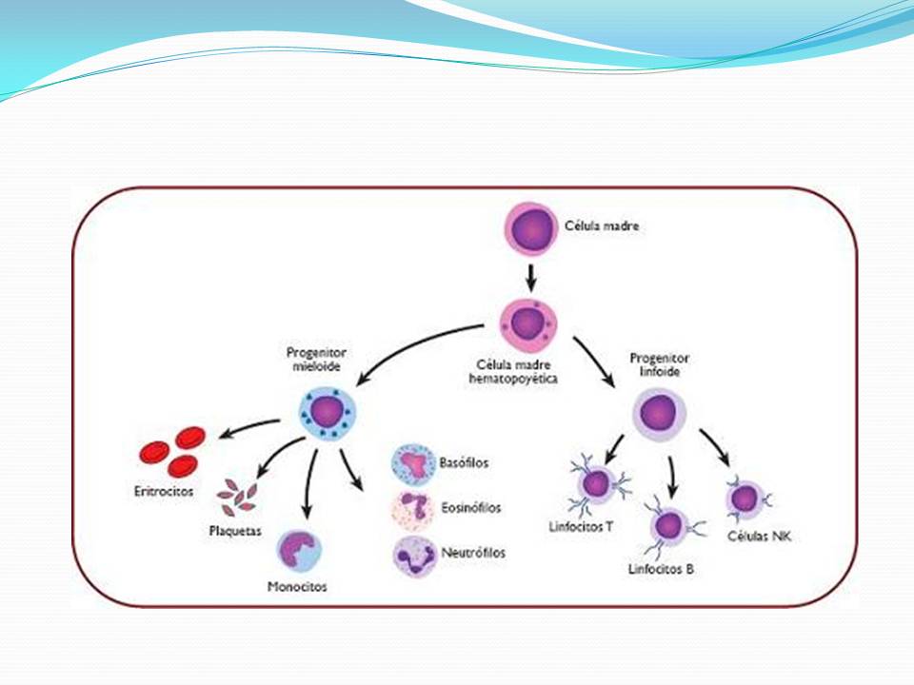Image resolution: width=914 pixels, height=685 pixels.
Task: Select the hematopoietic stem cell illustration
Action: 528,325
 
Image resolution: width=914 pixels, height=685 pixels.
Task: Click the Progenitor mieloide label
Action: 316,360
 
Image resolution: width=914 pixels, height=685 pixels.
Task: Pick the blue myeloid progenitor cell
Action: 327,413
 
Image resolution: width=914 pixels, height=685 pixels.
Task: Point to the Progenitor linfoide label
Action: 659,364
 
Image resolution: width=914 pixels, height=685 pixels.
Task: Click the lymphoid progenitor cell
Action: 659,414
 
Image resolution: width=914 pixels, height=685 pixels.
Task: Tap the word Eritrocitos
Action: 163,491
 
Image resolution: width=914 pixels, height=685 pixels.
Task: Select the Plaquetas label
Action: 235,531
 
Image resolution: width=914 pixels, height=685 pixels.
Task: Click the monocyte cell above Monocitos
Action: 298,551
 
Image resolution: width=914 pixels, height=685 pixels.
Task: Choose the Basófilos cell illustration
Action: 413,464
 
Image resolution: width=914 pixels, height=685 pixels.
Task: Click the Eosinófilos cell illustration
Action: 413,508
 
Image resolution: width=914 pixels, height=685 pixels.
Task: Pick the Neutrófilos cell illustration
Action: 414,555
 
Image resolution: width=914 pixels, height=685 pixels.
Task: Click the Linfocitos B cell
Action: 669,526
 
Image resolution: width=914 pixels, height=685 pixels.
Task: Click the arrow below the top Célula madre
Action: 530,279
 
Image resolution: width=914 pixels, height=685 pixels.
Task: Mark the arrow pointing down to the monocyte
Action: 310,483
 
